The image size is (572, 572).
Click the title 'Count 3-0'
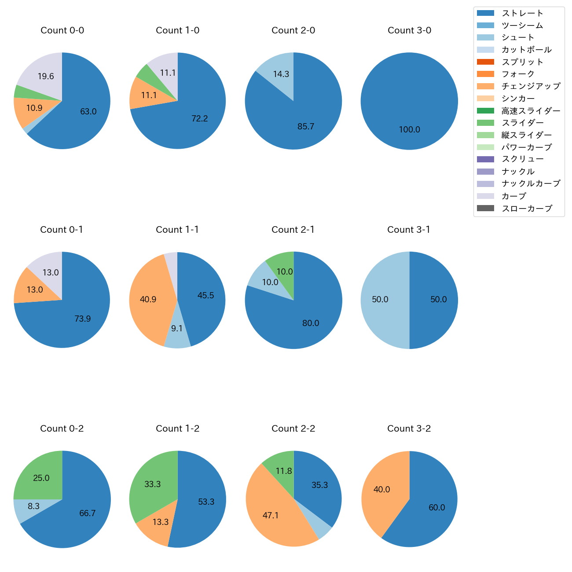coord(409,30)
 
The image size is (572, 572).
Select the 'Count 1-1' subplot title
coord(177,230)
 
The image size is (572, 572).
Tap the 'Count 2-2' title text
coord(293,429)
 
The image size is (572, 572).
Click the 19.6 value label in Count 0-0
coord(46,77)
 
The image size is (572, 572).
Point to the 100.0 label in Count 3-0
coord(410,130)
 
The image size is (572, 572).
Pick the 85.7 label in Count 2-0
coord(306,127)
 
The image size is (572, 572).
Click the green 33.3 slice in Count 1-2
coord(152,484)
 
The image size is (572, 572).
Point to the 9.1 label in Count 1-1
coord(177,329)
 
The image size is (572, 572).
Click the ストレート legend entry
coord(522,13)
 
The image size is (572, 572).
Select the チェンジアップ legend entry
coord(531,86)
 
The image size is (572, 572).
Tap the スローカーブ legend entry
coord(527,209)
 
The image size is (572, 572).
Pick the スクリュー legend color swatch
coord(485,159)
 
